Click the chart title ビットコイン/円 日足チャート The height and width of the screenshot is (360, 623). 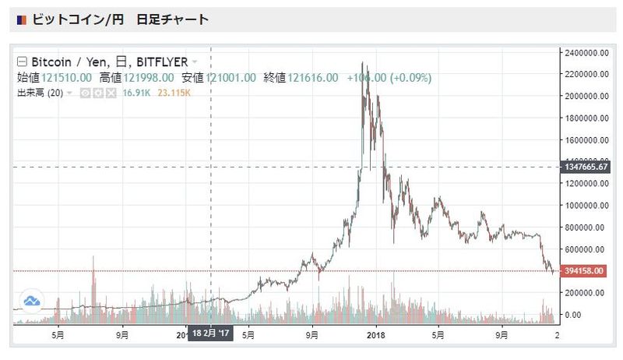121,19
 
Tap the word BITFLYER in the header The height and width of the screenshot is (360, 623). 161,62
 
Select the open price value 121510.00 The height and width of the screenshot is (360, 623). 67,78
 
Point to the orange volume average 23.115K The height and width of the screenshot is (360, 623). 174,94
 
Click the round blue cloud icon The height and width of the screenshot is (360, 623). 32,301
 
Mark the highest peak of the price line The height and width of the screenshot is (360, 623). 362,63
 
